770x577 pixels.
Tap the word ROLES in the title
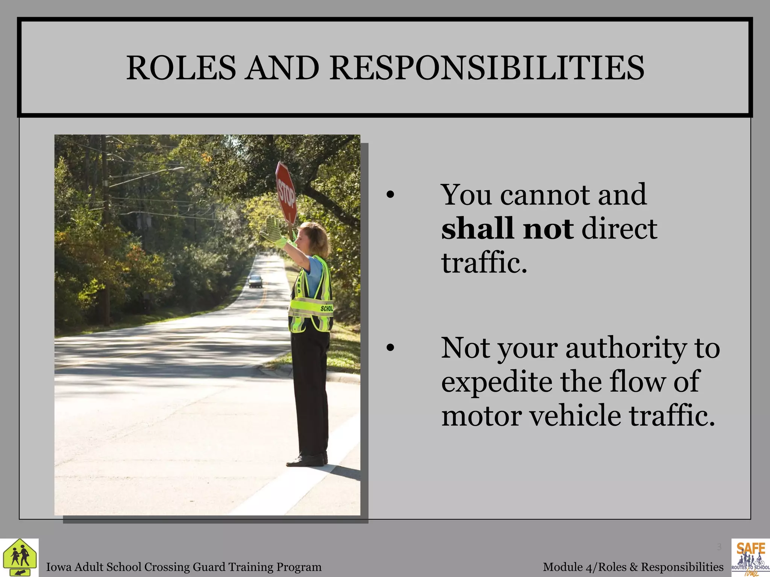coord(181,68)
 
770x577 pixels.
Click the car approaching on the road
coord(256,281)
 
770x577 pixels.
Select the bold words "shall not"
coord(507,228)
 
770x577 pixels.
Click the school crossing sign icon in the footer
coord(19,557)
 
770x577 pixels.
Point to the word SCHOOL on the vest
coord(326,308)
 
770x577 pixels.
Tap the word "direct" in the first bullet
coord(619,228)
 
